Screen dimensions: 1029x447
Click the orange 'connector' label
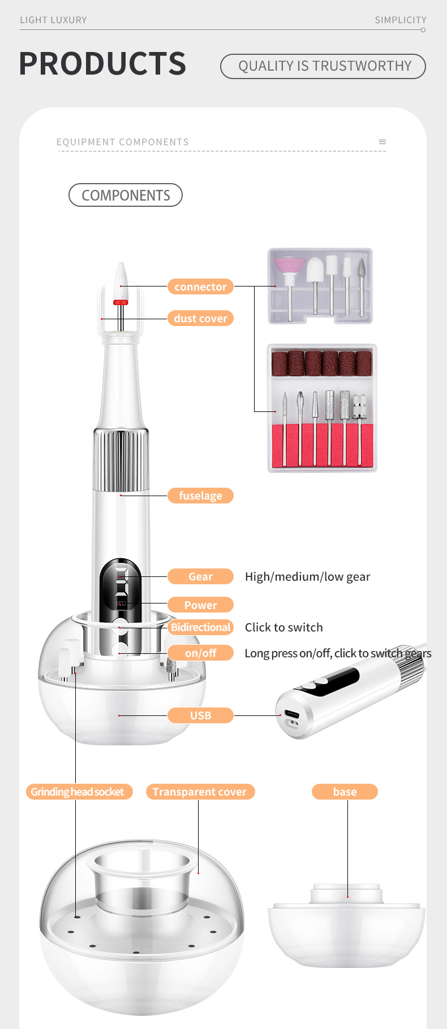point(200,286)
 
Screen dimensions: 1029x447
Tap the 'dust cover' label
point(200,319)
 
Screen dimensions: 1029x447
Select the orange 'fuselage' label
point(200,496)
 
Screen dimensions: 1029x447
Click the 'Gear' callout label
point(200,576)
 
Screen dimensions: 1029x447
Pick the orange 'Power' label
point(200,605)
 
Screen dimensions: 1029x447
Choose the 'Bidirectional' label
point(201,627)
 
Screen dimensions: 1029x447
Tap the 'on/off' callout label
point(200,653)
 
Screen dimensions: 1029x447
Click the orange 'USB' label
point(200,715)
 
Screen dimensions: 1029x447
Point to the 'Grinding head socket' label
point(78,792)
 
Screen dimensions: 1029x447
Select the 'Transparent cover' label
point(200,792)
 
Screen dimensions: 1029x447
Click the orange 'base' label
point(345,792)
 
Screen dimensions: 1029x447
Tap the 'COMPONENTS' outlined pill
point(126,195)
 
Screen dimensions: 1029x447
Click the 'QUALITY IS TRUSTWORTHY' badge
point(323,66)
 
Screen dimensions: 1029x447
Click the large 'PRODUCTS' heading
point(102,63)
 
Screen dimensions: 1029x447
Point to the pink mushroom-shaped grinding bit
point(289,266)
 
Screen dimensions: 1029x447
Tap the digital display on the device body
point(121,583)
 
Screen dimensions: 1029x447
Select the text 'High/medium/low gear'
point(307,576)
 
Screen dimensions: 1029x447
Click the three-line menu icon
point(382,142)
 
